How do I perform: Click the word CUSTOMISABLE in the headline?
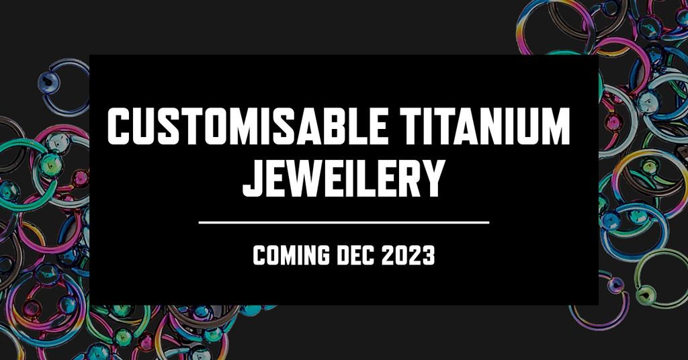[248, 126]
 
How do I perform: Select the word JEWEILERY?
[344, 178]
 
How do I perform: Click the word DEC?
[355, 255]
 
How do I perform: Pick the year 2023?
[408, 255]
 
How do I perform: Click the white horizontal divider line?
[344, 222]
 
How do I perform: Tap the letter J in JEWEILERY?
[253, 178]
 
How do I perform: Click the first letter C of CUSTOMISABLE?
[120, 126]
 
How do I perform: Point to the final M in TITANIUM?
[554, 126]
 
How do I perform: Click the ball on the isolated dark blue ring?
[48, 81]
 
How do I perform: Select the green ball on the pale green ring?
[644, 294]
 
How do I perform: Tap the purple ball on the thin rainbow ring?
[617, 285]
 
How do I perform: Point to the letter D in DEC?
[343, 255]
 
